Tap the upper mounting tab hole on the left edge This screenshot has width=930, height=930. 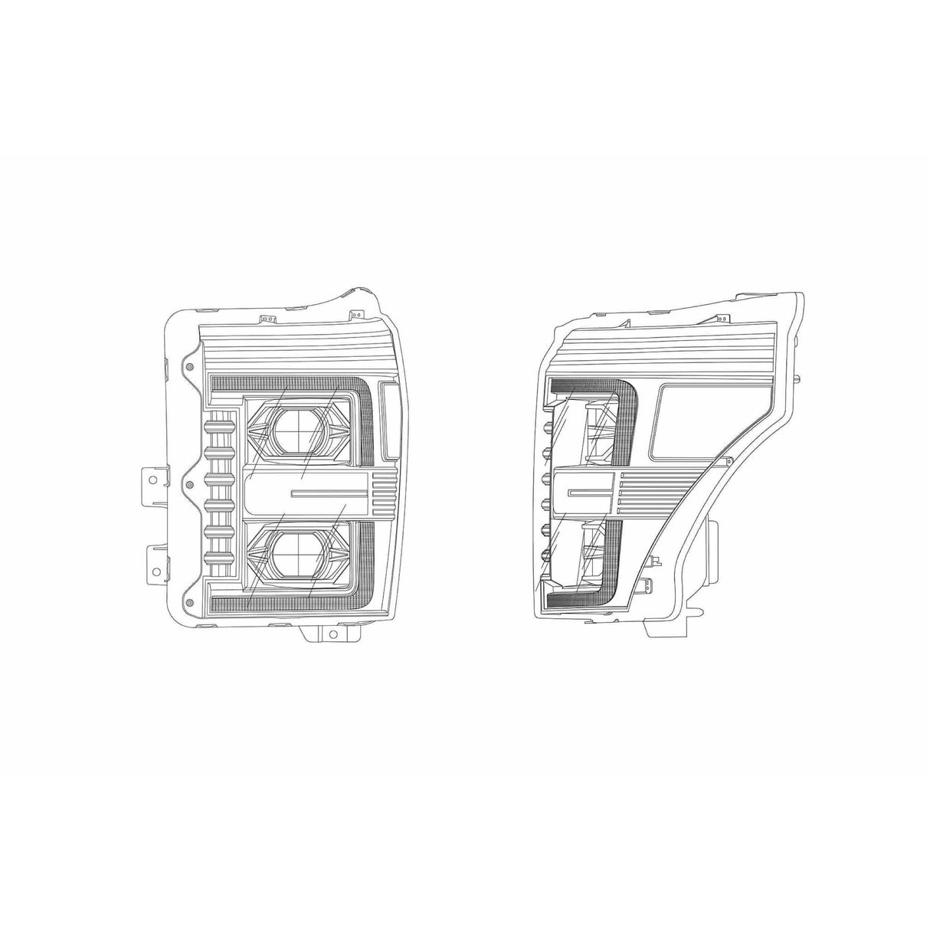[152, 480]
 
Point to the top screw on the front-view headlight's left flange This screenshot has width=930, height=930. [188, 368]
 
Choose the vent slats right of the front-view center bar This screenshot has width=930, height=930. [383, 490]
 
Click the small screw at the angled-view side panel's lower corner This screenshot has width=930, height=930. [729, 460]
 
